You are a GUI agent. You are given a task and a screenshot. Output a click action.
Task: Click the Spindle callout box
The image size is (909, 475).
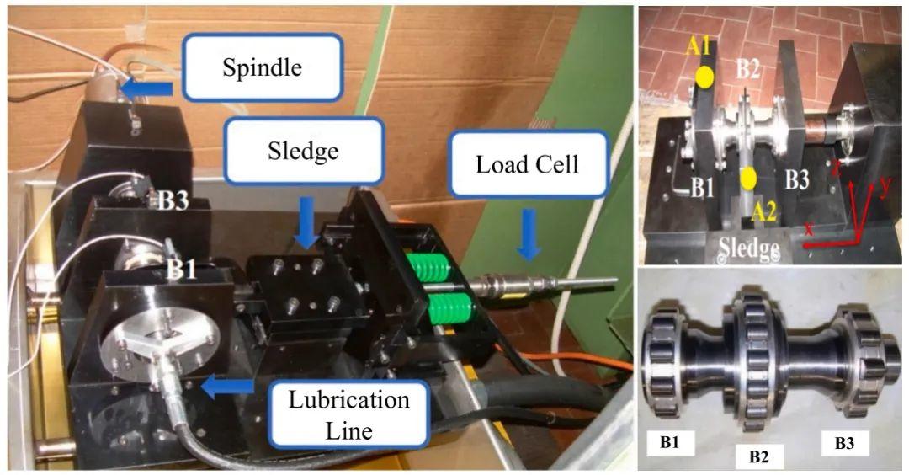(x=263, y=67)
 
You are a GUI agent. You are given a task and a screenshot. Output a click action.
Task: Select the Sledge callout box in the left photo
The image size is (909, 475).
(x=303, y=151)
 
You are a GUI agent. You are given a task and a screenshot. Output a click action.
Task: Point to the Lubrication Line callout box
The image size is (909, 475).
(x=349, y=414)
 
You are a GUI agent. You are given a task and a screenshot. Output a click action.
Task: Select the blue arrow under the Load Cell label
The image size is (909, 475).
(x=527, y=234)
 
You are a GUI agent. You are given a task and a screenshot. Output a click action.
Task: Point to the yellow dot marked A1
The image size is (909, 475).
(x=705, y=77)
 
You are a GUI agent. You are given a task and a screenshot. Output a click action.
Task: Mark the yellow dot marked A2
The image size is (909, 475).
(x=748, y=179)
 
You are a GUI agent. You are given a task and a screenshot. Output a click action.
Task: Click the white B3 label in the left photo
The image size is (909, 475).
(x=174, y=200)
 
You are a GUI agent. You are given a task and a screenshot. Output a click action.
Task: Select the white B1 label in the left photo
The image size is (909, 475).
(x=181, y=270)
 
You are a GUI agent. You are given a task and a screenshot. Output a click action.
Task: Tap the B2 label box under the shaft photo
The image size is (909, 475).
(x=758, y=456)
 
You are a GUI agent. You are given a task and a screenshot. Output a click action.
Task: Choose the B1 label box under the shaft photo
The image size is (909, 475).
(x=670, y=443)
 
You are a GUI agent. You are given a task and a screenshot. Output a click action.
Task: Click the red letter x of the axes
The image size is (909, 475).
(x=810, y=228)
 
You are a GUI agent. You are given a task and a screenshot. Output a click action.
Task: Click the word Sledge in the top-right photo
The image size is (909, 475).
(x=749, y=248)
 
